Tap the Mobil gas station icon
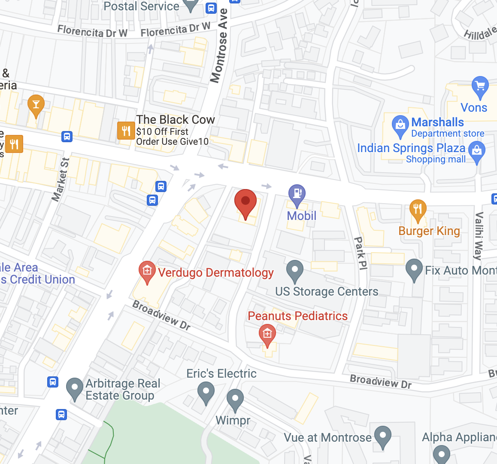point(297,194)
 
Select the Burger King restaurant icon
point(418,210)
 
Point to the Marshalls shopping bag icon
point(400,125)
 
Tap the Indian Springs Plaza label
point(411,148)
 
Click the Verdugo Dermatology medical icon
point(147,271)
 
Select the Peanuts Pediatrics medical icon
point(267,334)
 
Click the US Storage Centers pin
point(294,270)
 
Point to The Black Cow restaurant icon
point(125,131)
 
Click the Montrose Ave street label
point(219,46)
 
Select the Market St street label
point(61,180)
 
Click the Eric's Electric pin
point(206,392)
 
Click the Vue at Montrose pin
point(382,436)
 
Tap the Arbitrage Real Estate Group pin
point(75,388)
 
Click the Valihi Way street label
point(479,236)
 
